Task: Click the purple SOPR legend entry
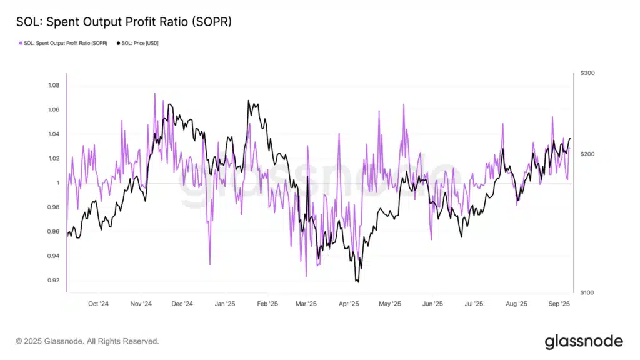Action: pyautogui.click(x=62, y=43)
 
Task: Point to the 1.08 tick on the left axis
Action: pyautogui.click(x=54, y=85)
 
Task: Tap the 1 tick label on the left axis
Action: pyautogui.click(x=57, y=183)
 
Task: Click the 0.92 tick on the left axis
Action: pyautogui.click(x=54, y=281)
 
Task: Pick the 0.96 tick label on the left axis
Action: pyautogui.click(x=54, y=232)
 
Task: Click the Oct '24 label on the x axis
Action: pyautogui.click(x=98, y=304)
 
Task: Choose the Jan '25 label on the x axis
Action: pyautogui.click(x=224, y=304)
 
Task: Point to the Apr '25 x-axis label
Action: pyautogui.click(x=349, y=304)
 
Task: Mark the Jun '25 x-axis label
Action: pyautogui.click(x=432, y=304)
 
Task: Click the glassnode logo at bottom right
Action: pyautogui.click(x=583, y=341)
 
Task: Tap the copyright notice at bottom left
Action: pyautogui.click(x=87, y=341)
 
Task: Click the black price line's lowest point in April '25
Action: pyautogui.click(x=357, y=282)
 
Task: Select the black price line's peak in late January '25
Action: pyautogui.click(x=249, y=101)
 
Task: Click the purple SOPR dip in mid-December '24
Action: pyautogui.click(x=209, y=264)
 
